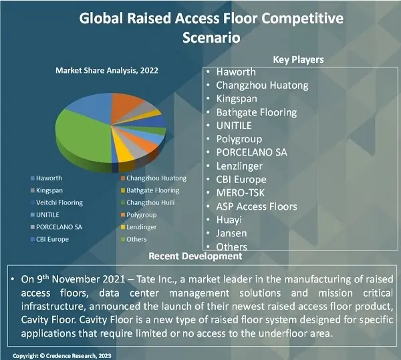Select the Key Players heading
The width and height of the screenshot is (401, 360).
pos(298,59)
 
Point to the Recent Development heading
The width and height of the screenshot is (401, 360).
pos(195,256)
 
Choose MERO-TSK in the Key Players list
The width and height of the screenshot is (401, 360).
pos(240,193)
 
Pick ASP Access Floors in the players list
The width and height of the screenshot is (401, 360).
pos(256,206)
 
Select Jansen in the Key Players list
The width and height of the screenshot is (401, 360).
pos(231,233)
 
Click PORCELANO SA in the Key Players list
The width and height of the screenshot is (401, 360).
pos(251,152)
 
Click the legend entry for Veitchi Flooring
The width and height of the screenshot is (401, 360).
pos(59,202)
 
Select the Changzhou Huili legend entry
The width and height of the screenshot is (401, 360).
pos(151,202)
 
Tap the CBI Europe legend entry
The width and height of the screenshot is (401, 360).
pos(53,239)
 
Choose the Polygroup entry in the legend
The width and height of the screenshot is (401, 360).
pos(141,214)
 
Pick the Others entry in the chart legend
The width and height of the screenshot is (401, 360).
pos(136,239)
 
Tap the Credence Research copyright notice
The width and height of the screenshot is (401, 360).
pos(64,355)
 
